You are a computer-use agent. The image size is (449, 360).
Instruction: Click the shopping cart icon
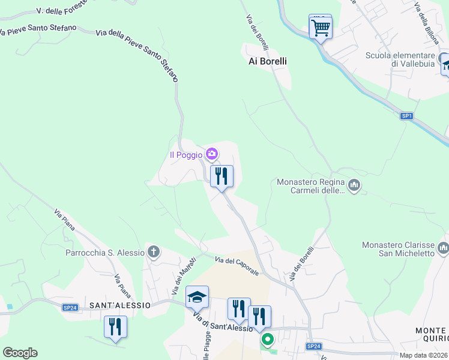(x=321, y=27)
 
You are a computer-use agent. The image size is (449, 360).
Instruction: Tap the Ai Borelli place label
(x=268, y=61)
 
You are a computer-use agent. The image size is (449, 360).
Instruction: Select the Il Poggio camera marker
(x=211, y=155)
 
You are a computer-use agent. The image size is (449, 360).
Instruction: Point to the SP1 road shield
(x=407, y=115)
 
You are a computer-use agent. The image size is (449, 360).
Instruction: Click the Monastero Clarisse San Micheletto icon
(x=443, y=247)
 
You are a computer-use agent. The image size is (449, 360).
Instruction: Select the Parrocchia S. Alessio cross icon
(x=154, y=252)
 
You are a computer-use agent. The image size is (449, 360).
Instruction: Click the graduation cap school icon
(x=197, y=297)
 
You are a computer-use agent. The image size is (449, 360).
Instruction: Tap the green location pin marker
(x=267, y=340)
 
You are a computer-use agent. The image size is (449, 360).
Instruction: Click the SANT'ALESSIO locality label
(x=119, y=305)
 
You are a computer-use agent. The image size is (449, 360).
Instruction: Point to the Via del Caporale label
(x=237, y=265)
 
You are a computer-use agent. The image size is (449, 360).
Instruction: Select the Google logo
(x=20, y=353)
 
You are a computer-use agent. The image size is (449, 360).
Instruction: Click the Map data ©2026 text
(x=424, y=355)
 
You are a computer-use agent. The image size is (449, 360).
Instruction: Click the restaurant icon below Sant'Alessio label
(x=115, y=327)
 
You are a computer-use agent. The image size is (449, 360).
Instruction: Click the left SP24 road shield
(x=70, y=308)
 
